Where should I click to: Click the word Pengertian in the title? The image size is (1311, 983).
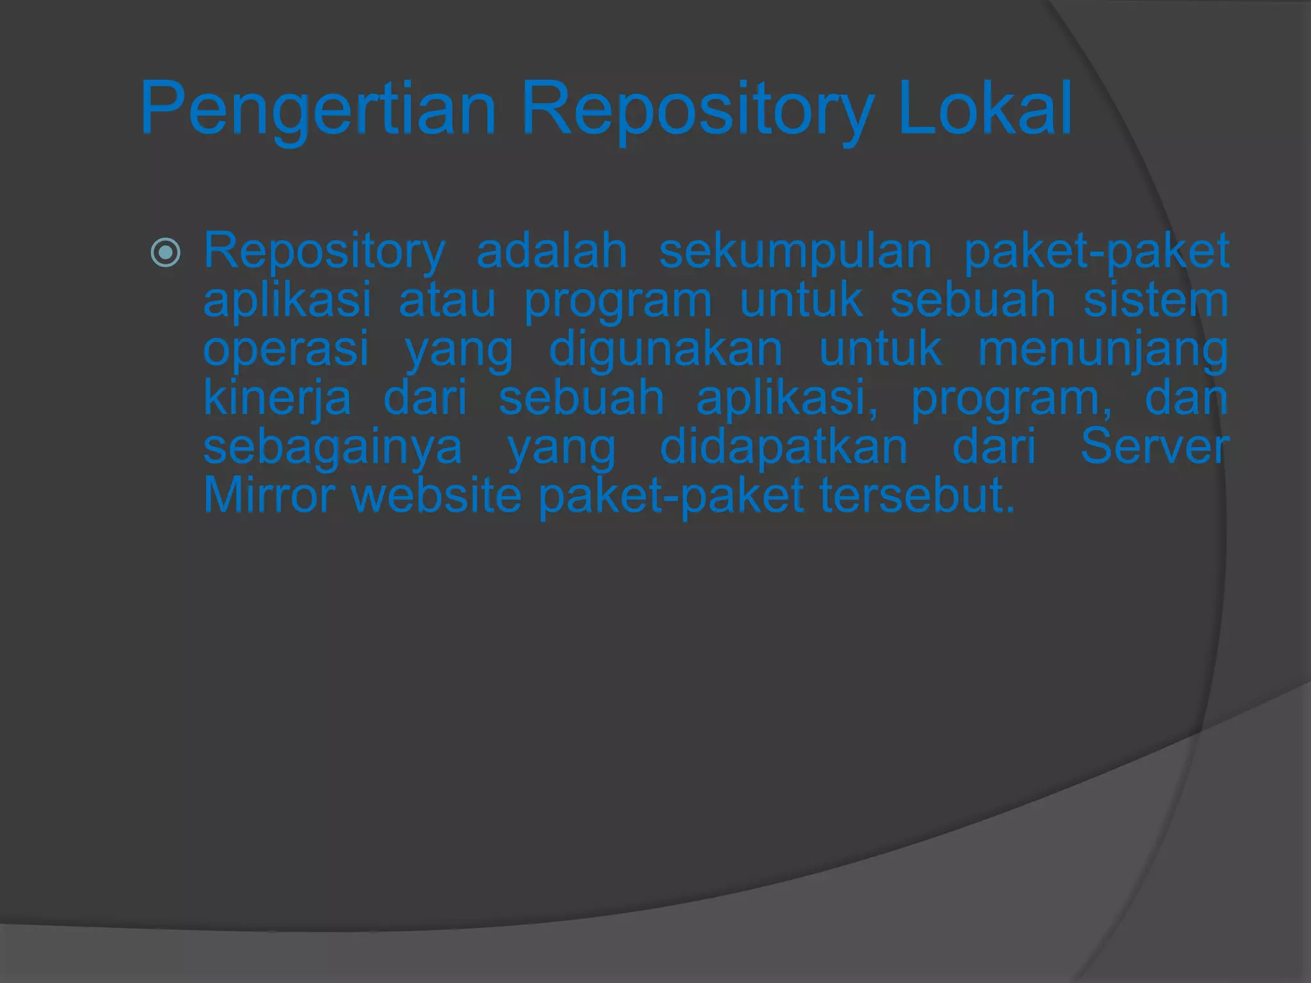[x=318, y=109]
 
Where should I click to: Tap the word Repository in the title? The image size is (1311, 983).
[x=696, y=109]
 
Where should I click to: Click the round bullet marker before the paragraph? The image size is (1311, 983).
[x=165, y=252]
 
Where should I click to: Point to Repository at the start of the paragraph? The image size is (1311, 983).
[x=324, y=252]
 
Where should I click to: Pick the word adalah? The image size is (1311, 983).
[x=552, y=251]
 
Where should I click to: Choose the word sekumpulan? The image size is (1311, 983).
[x=795, y=252]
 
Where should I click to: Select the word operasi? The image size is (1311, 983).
[x=286, y=349]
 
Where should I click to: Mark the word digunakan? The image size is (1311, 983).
[x=666, y=349]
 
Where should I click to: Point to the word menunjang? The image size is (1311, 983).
[x=1103, y=351]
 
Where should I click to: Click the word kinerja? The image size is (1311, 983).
[x=277, y=398]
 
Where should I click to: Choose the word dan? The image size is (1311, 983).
[x=1186, y=397]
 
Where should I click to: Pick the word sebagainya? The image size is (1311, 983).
[x=332, y=448]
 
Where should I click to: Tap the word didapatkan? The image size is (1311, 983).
[x=784, y=447]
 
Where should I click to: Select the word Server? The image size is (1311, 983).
[x=1154, y=447]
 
